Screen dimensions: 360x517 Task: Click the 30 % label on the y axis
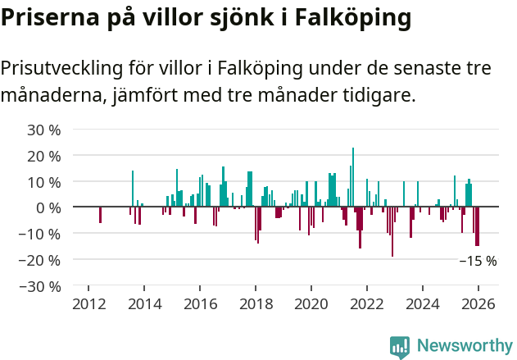tap(43, 130)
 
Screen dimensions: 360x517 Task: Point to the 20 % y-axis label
tap(43, 156)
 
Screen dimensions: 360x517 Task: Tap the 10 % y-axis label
tap(43, 182)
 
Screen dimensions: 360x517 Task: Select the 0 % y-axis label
tap(48, 207)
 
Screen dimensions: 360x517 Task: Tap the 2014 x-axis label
tap(144, 303)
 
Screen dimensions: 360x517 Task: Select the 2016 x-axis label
tap(200, 303)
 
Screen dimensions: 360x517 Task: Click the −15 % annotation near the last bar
tap(478, 262)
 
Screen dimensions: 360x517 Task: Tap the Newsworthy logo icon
tap(400, 347)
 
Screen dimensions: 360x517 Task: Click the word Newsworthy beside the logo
tap(464, 347)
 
